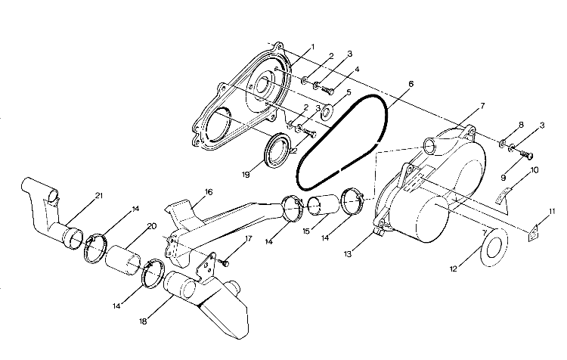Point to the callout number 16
coord(209,192)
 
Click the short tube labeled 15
coord(323,206)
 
